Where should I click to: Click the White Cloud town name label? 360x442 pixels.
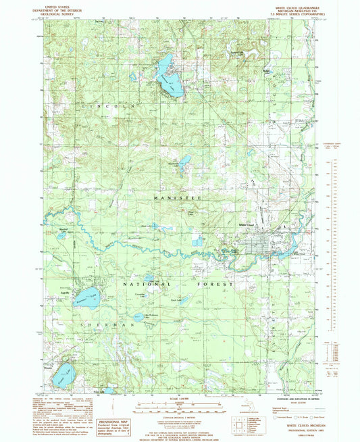pyautogui.click(x=247, y=225)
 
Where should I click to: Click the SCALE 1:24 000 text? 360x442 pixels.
pyautogui.click(x=178, y=397)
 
